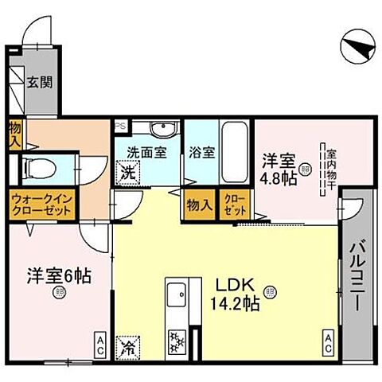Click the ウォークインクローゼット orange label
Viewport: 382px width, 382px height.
point(41,204)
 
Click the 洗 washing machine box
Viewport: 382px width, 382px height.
point(127,171)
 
